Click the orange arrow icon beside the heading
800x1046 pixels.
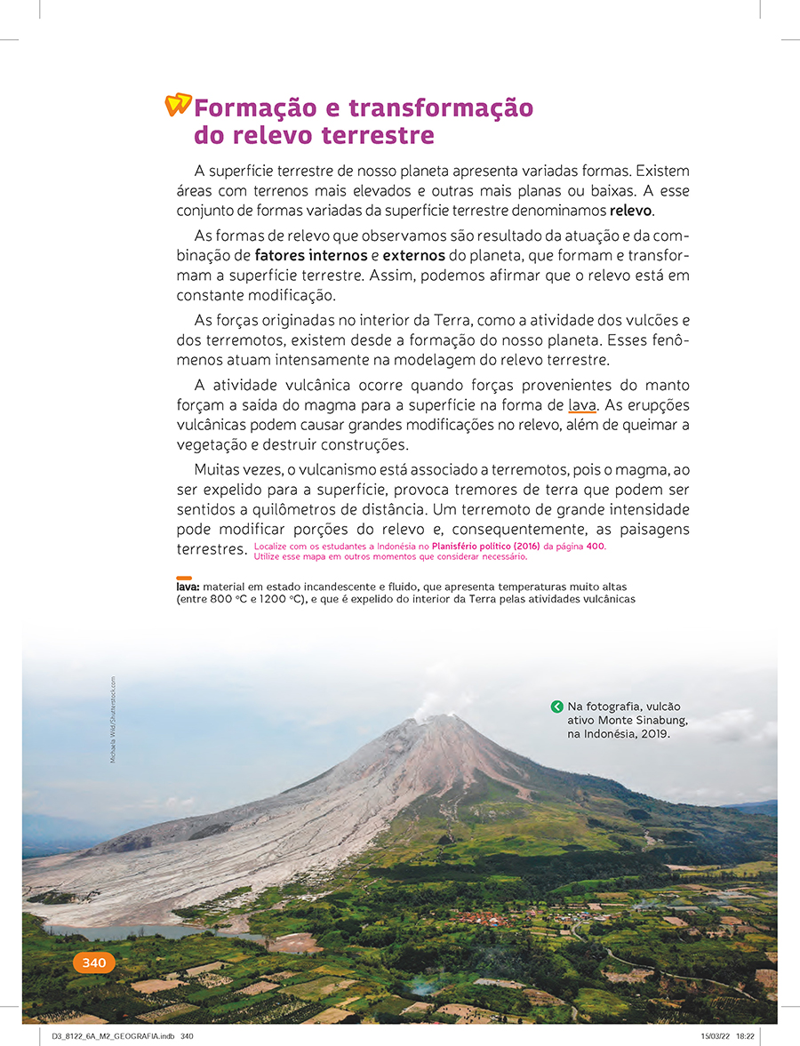(178, 105)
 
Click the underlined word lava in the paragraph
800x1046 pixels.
(582, 406)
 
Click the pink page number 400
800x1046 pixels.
(594, 547)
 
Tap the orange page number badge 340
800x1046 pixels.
(93, 962)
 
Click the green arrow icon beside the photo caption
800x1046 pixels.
(556, 707)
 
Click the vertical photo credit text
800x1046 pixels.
(113, 720)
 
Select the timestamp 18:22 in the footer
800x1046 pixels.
(746, 1036)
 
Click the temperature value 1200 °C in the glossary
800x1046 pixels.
(284, 600)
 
